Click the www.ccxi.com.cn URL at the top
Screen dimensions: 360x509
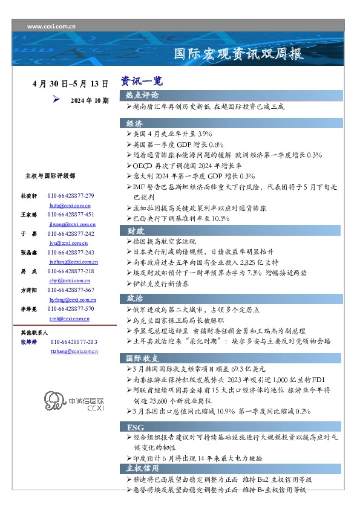[51, 27]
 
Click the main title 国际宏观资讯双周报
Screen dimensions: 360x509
[238, 54]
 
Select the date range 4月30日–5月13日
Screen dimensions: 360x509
[70, 83]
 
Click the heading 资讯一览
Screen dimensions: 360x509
[141, 81]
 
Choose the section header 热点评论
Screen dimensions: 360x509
[143, 96]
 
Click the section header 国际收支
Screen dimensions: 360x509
[143, 357]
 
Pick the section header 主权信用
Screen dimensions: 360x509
[143, 468]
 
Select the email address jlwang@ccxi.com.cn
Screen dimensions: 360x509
[73, 224]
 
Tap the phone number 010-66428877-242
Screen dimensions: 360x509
[71, 233]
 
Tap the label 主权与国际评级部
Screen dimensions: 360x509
[51, 175]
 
